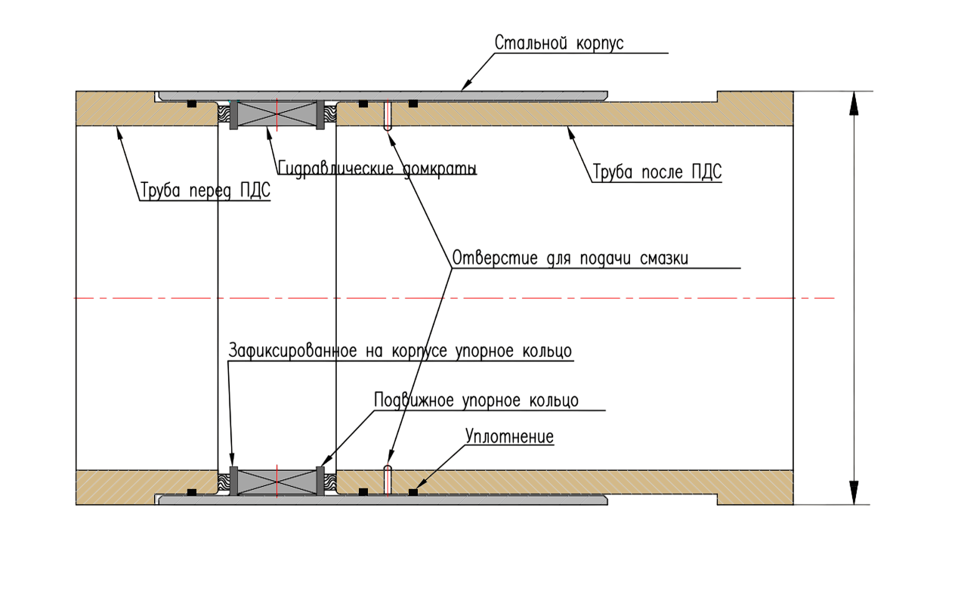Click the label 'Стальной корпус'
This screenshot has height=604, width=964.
tap(558, 43)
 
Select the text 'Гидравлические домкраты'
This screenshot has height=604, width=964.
tap(377, 169)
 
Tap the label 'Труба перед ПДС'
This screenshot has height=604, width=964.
tap(205, 190)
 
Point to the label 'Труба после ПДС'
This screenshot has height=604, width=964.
tap(657, 172)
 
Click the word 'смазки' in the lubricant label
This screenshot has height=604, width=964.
tap(664, 259)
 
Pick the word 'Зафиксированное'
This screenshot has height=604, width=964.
tap(292, 351)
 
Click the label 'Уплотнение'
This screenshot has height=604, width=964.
tap(509, 436)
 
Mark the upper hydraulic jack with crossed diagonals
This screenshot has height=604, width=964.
tap(277, 114)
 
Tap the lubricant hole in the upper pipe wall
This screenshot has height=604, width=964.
tap(388, 115)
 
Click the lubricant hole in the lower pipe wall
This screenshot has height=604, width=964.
tap(388, 481)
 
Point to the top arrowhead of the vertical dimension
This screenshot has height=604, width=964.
tap(854, 104)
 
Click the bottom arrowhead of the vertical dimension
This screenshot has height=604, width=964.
tap(854, 493)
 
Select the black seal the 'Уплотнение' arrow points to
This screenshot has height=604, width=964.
tap(413, 492)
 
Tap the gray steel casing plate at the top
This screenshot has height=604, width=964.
tap(383, 96)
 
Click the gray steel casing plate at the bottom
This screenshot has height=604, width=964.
tap(383, 500)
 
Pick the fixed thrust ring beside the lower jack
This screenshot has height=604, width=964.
tap(233, 481)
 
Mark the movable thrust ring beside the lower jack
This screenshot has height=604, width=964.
tap(320, 481)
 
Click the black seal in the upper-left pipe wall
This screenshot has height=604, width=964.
tap(192, 104)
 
